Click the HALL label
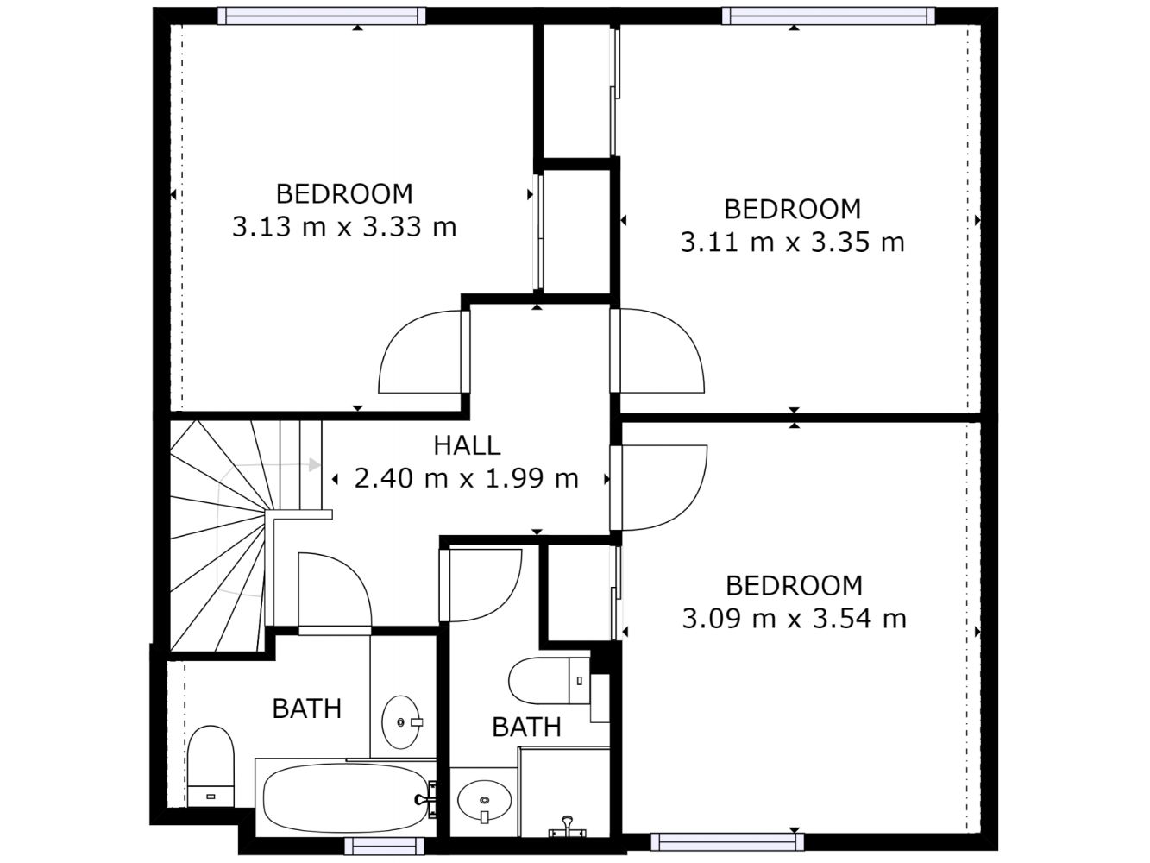(x=467, y=446)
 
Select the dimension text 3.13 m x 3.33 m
(x=344, y=228)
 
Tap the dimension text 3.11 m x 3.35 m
(x=792, y=243)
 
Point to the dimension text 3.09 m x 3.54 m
(x=794, y=620)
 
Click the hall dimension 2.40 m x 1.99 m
(x=466, y=479)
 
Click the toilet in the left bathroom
(x=211, y=766)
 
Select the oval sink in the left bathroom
(x=401, y=722)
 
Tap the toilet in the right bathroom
(x=550, y=681)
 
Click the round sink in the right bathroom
(x=484, y=802)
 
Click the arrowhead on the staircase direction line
(x=314, y=465)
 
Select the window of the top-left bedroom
(x=322, y=16)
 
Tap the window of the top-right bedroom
(x=828, y=16)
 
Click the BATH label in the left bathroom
(x=307, y=709)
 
